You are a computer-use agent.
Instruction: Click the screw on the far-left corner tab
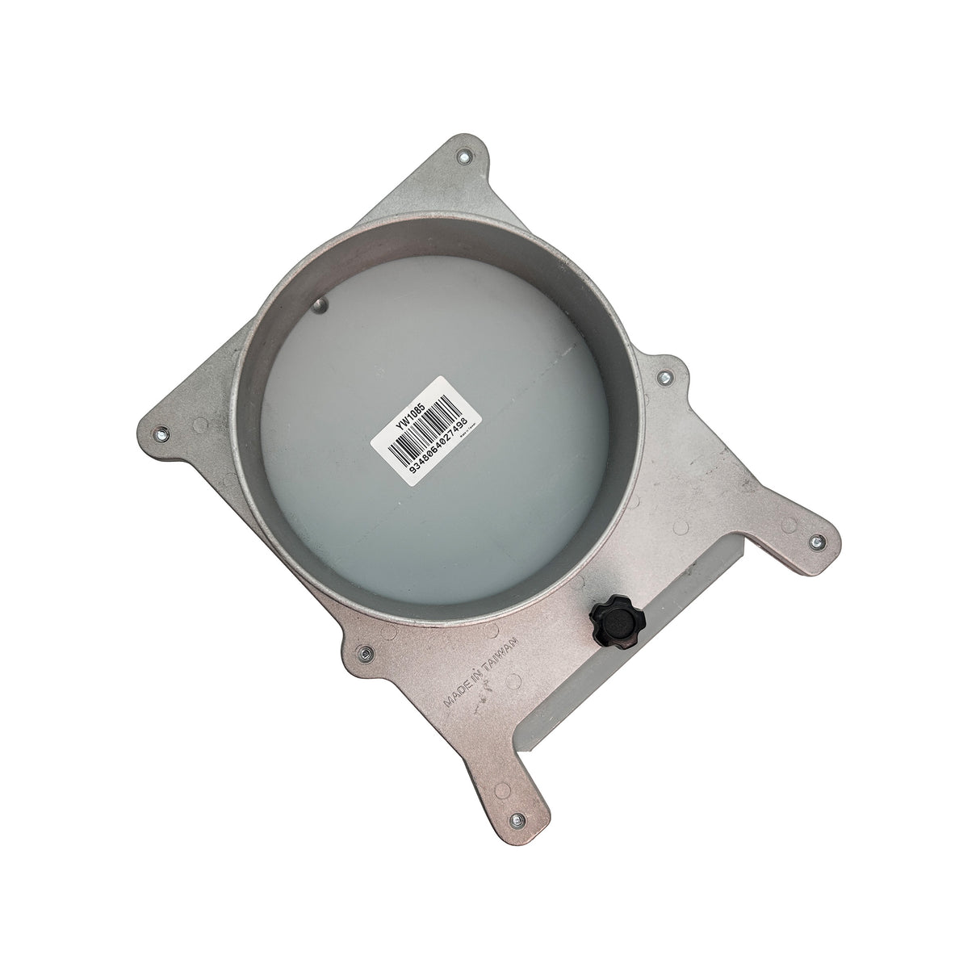coord(160,433)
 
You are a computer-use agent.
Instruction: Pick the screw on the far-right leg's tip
coord(815,541)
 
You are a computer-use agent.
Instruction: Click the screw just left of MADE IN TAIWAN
coord(366,651)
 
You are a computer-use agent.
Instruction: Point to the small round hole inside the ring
coord(320,304)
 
